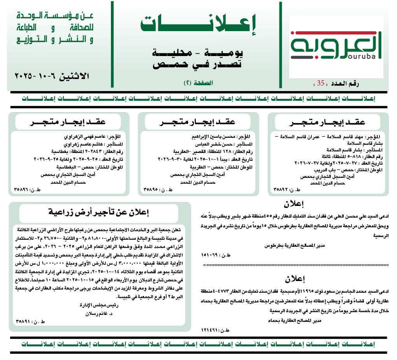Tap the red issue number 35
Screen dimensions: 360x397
320,83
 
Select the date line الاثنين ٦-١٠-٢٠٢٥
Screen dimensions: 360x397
52,76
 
